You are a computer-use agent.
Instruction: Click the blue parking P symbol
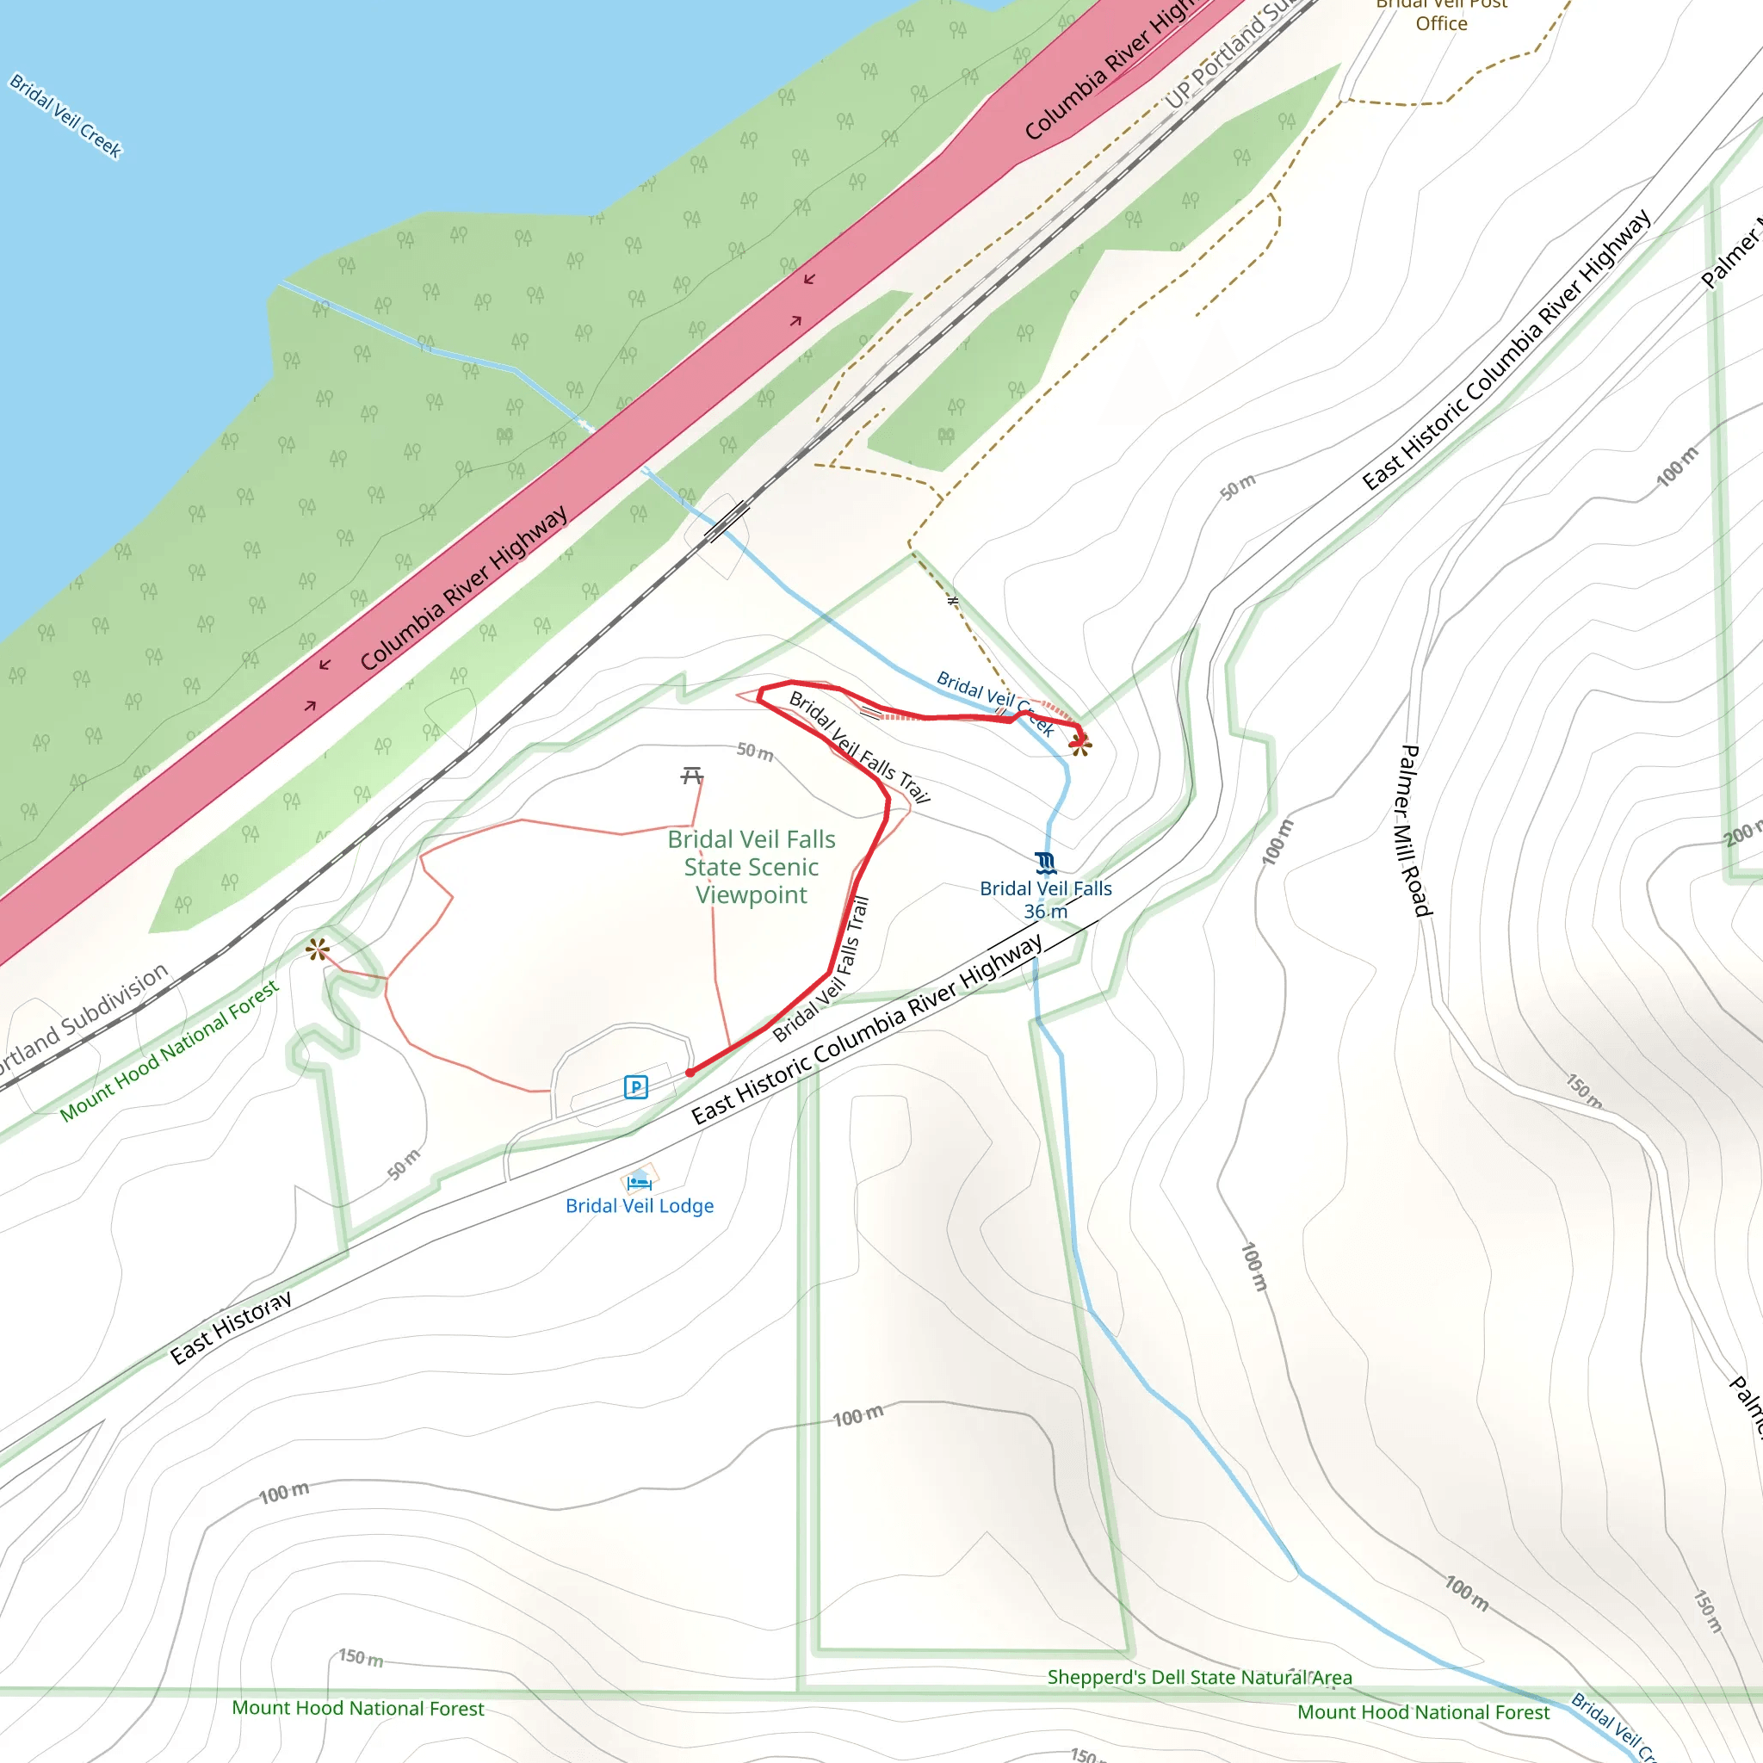635,1087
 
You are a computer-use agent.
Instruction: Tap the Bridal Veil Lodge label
639,1205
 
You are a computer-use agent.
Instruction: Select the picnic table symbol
692,776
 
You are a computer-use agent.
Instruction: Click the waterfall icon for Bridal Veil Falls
1046,863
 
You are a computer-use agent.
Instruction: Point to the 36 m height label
1045,911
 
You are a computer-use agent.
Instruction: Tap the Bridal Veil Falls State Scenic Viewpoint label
751,866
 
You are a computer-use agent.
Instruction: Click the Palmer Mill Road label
1415,831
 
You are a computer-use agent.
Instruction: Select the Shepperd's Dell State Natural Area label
1199,1677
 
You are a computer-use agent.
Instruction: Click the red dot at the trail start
690,1073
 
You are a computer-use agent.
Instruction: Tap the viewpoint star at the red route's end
1080,745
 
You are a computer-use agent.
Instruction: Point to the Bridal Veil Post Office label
1441,15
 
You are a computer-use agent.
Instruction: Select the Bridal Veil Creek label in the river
65,116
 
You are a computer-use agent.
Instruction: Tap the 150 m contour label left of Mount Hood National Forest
361,1657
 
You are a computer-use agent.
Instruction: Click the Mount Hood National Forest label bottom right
1423,1712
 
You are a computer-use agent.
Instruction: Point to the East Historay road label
231,1327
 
